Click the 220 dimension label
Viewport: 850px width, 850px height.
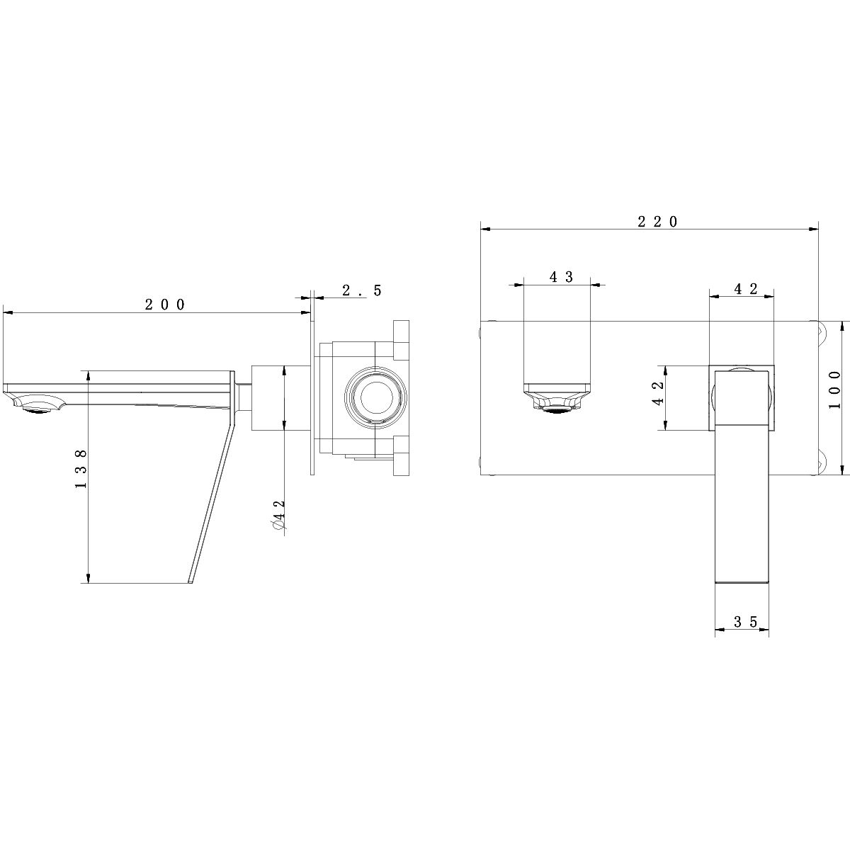tap(657, 222)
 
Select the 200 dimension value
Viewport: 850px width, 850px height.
tap(165, 305)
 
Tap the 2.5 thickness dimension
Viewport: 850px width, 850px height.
tap(362, 290)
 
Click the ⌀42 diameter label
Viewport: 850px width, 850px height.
tap(279, 515)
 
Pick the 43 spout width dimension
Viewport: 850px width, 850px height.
tap(561, 277)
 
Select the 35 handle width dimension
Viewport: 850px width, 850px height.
tap(745, 622)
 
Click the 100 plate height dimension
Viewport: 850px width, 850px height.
tap(834, 390)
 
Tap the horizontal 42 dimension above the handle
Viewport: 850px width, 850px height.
tap(745, 289)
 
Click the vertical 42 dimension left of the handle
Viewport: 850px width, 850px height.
tap(657, 393)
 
